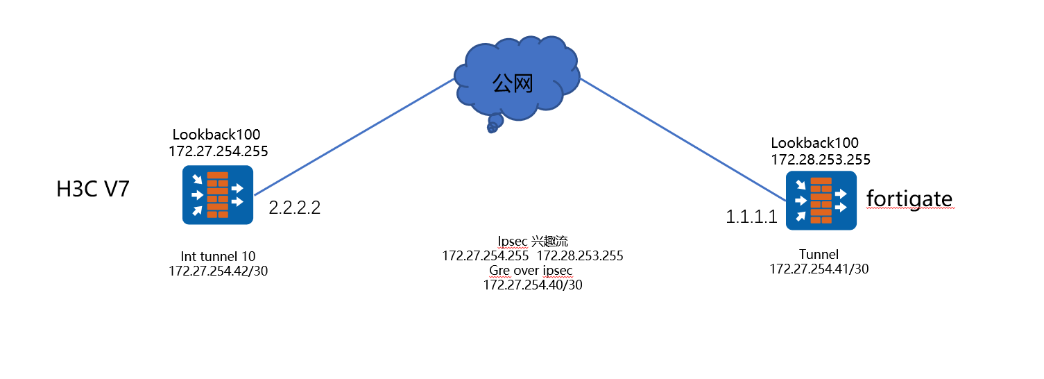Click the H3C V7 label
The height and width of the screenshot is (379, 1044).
point(93,189)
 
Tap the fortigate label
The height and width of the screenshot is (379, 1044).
point(909,199)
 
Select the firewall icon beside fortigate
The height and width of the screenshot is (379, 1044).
point(821,201)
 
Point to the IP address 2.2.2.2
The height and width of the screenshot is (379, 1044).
point(295,208)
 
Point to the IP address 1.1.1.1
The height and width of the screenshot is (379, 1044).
point(751,217)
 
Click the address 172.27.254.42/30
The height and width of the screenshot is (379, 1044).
point(218,271)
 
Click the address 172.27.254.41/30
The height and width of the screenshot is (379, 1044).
point(819,269)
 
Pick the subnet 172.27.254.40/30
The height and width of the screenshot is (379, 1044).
point(533,285)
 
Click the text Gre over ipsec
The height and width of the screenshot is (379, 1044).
point(533,270)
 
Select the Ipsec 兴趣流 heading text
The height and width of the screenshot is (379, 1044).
point(533,242)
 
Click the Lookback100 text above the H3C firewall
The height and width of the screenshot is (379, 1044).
point(216,135)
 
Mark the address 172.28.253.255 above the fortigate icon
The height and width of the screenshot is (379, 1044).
point(821,160)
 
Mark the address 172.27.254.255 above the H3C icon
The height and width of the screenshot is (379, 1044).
point(218,151)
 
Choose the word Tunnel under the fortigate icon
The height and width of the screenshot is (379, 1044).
point(819,254)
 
